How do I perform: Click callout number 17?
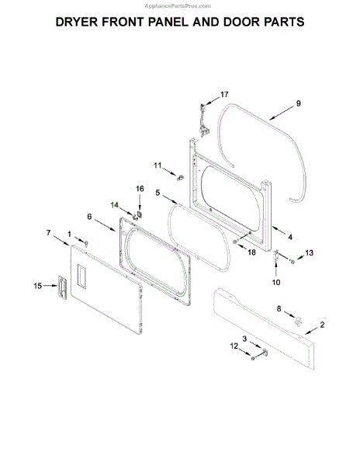point(224,94)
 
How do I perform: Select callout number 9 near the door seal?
point(298,103)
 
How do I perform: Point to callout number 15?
point(38,286)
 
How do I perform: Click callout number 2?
point(322,325)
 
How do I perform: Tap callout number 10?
point(276,282)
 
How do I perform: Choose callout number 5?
point(157,193)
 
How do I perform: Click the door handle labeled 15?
point(62,287)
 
